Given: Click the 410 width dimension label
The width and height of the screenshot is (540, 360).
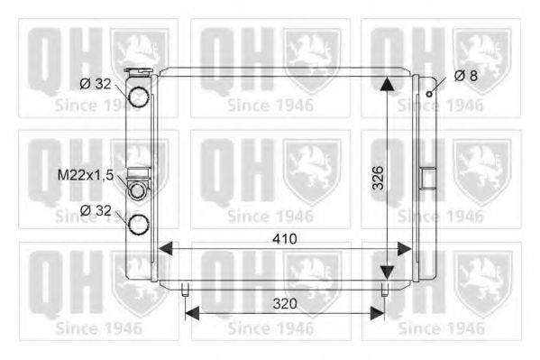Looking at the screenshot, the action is pos(285,238).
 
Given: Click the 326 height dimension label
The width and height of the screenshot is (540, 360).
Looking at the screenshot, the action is pos(378,178).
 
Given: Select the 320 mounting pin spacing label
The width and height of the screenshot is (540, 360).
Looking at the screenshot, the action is pos(285,304).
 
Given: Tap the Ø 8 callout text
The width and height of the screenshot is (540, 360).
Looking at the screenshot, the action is pos(465,76).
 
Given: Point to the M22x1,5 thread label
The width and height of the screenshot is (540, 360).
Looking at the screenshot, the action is pos(86,175).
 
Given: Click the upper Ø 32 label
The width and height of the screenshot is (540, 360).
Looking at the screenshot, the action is pos(96,84).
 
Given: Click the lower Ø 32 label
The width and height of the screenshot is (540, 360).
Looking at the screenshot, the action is pos(96,210).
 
